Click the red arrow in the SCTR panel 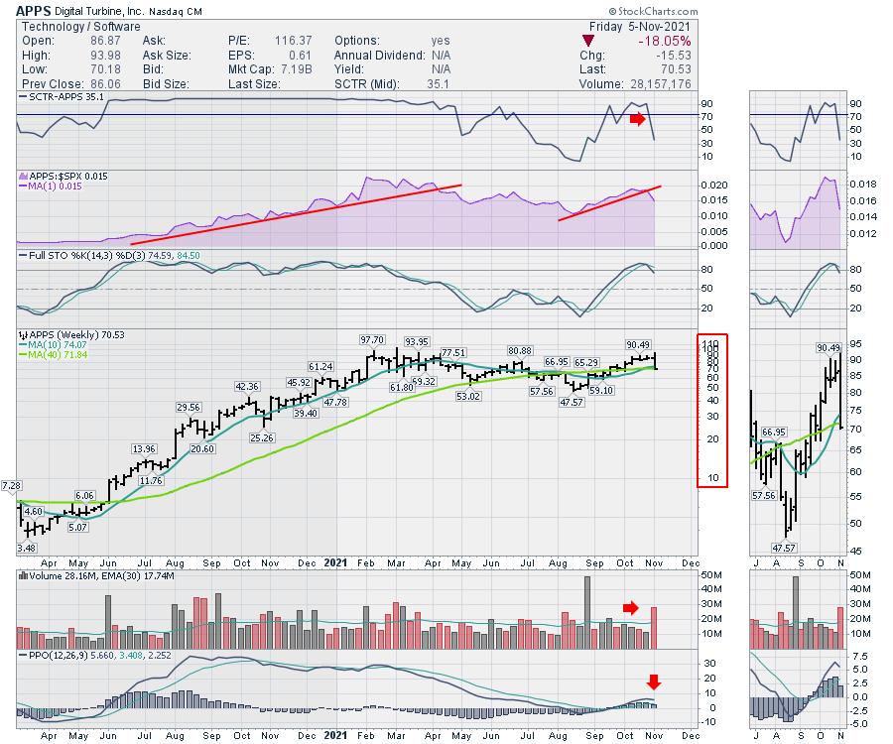(637, 120)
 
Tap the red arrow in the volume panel (631, 607)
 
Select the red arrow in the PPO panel (653, 682)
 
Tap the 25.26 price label (262, 437)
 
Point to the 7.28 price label (11, 485)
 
